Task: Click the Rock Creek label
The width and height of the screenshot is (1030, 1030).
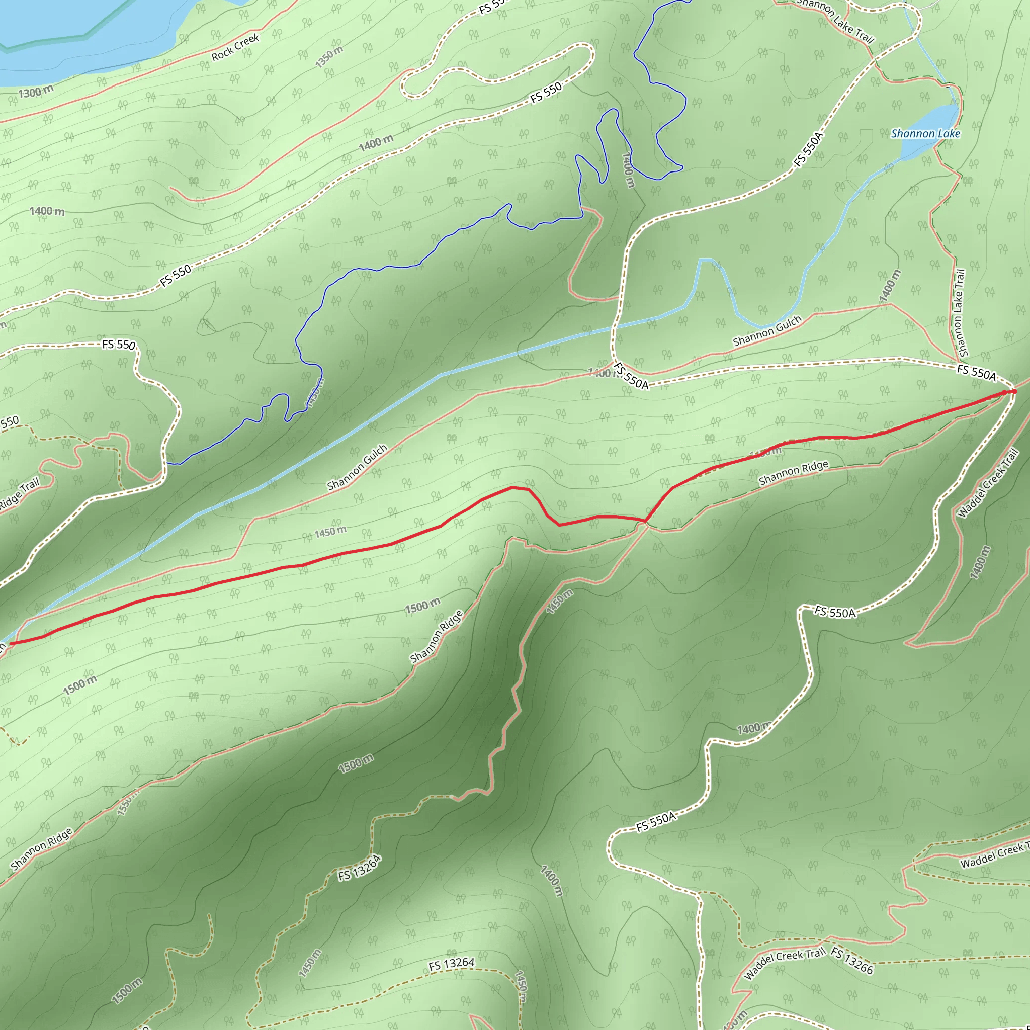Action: [235, 47]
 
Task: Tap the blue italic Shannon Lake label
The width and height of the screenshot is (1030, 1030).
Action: [925, 134]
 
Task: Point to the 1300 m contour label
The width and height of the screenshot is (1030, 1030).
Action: [36, 92]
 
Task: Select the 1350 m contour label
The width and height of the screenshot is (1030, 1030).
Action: [329, 57]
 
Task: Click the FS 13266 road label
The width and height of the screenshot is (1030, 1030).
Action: [852, 961]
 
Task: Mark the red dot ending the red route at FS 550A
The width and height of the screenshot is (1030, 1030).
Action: [1014, 391]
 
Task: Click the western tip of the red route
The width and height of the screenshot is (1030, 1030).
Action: [11, 643]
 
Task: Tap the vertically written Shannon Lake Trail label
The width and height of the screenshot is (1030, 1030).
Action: [960, 313]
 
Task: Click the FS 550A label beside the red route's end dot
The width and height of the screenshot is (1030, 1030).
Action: [976, 372]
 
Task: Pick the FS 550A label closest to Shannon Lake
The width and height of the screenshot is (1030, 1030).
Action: [809, 150]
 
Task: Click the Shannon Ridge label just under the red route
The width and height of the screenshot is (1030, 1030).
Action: [793, 473]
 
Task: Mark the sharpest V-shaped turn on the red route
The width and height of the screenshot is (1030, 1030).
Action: [646, 521]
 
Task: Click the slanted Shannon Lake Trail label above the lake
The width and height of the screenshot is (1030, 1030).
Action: [835, 21]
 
